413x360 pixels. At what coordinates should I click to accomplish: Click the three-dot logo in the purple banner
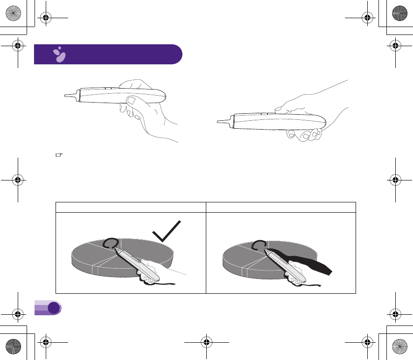(59, 55)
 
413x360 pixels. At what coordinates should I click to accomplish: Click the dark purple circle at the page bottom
(54, 307)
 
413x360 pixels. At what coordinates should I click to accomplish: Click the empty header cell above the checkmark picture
(131, 207)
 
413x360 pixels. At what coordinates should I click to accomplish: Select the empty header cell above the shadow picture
(281, 207)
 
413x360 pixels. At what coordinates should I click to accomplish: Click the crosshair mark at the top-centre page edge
(206, 18)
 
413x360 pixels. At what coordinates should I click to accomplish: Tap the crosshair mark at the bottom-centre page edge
(206, 342)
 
